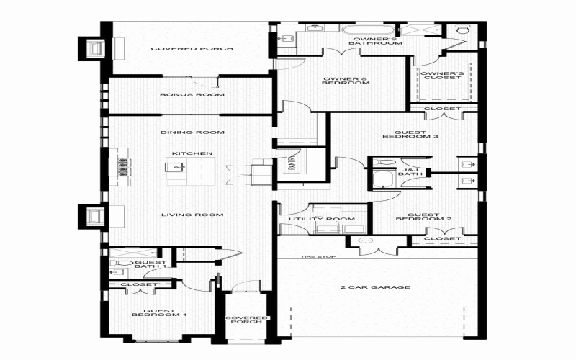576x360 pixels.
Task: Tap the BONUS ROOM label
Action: [x=192, y=94]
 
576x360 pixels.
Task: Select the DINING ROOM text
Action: [x=192, y=132]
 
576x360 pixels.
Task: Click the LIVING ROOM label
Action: [x=192, y=215]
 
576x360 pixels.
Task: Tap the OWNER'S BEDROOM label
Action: [x=346, y=80]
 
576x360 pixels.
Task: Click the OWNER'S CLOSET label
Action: [x=441, y=76]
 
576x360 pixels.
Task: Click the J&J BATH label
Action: [x=410, y=171]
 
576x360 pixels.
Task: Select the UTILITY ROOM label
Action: [x=321, y=219]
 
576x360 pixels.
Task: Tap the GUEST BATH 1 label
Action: [x=151, y=265]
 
